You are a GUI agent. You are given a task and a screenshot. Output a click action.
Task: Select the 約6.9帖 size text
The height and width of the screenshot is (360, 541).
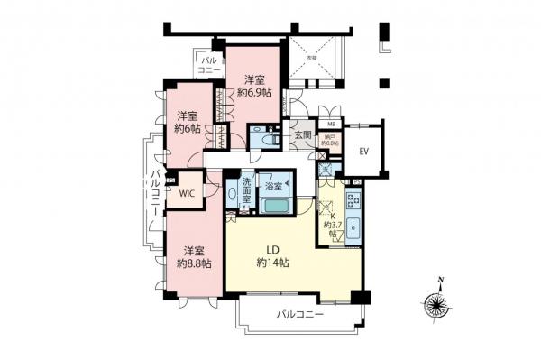[254, 92]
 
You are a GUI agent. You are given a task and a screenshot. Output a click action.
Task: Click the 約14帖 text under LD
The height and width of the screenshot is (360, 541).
[271, 263]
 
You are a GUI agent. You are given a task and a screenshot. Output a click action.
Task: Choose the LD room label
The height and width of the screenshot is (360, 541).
[271, 248]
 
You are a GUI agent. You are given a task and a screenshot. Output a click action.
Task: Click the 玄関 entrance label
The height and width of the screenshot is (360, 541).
[301, 136]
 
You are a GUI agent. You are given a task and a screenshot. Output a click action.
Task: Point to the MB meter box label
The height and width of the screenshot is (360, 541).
[331, 125]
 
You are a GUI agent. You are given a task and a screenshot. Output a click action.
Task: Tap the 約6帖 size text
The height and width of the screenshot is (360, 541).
[188, 128]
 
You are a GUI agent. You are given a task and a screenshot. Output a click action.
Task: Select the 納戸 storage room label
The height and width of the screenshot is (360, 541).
[331, 138]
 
